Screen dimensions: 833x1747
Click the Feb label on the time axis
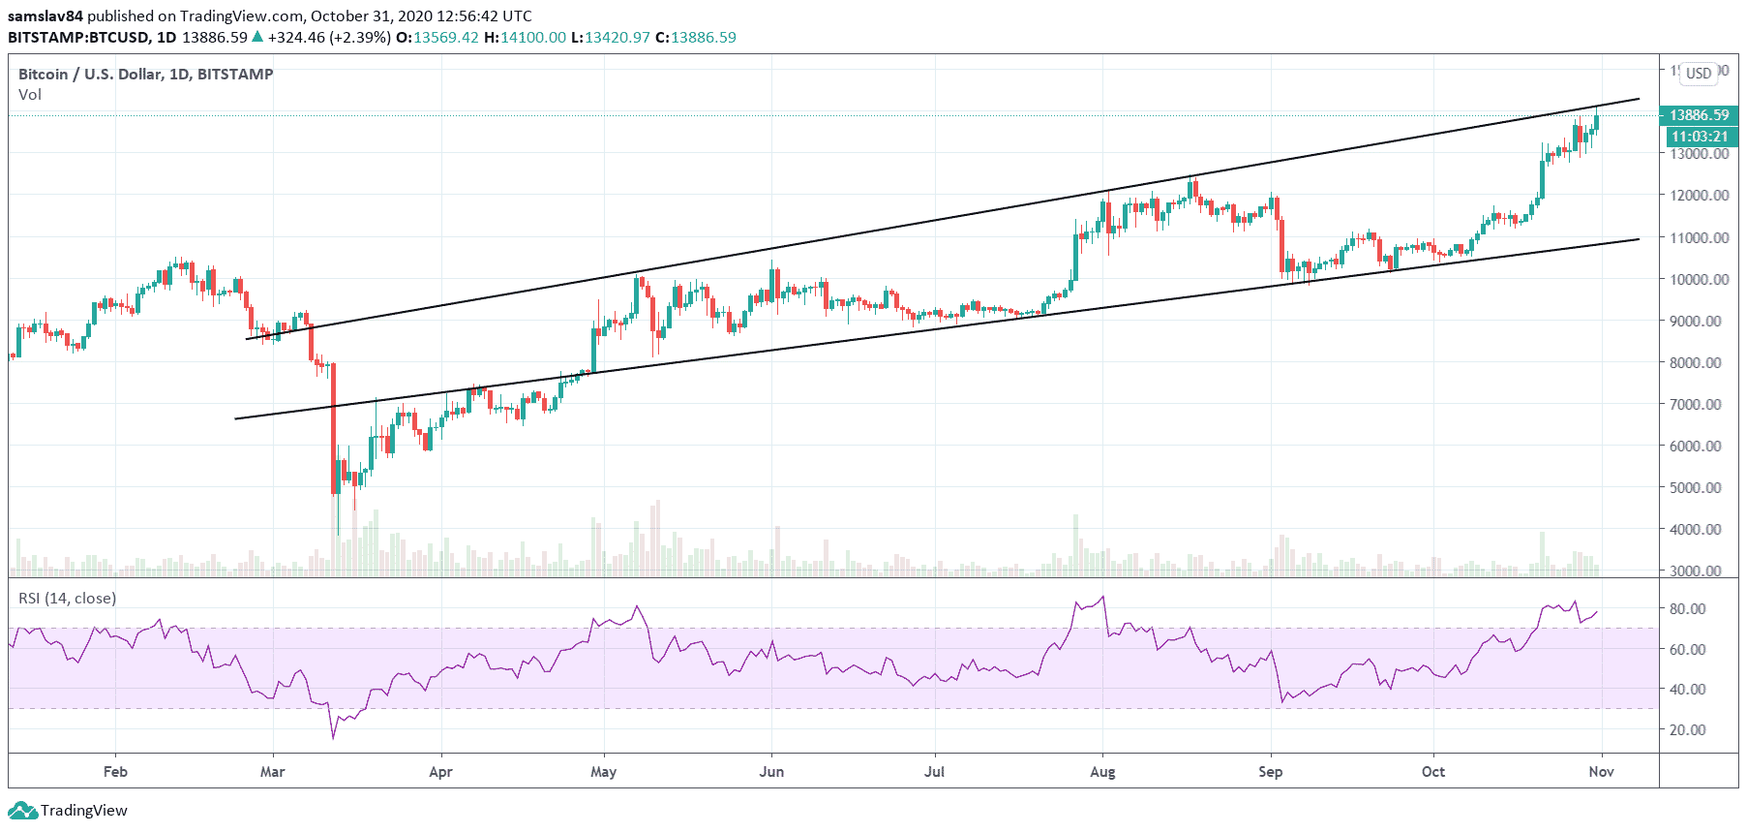(115, 772)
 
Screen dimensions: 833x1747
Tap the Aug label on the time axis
(1102, 772)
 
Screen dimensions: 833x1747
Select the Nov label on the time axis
(1602, 772)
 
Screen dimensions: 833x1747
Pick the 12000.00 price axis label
(1699, 196)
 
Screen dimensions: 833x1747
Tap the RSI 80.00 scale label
(1687, 609)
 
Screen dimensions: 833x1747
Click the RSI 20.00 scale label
(1687, 730)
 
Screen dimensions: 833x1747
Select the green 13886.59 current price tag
(1699, 115)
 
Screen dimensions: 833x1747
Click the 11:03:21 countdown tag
(1700, 137)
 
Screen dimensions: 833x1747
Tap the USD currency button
(1699, 74)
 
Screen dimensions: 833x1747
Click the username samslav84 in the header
(45, 15)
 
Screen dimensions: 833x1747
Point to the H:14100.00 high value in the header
(525, 38)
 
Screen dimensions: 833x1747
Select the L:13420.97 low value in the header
(610, 38)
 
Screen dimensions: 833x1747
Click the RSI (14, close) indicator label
(68, 599)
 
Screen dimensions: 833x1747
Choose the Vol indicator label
(30, 95)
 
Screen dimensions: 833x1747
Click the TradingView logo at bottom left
(70, 811)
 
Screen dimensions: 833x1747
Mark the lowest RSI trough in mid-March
(334, 738)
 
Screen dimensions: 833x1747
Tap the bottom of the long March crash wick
(338, 534)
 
